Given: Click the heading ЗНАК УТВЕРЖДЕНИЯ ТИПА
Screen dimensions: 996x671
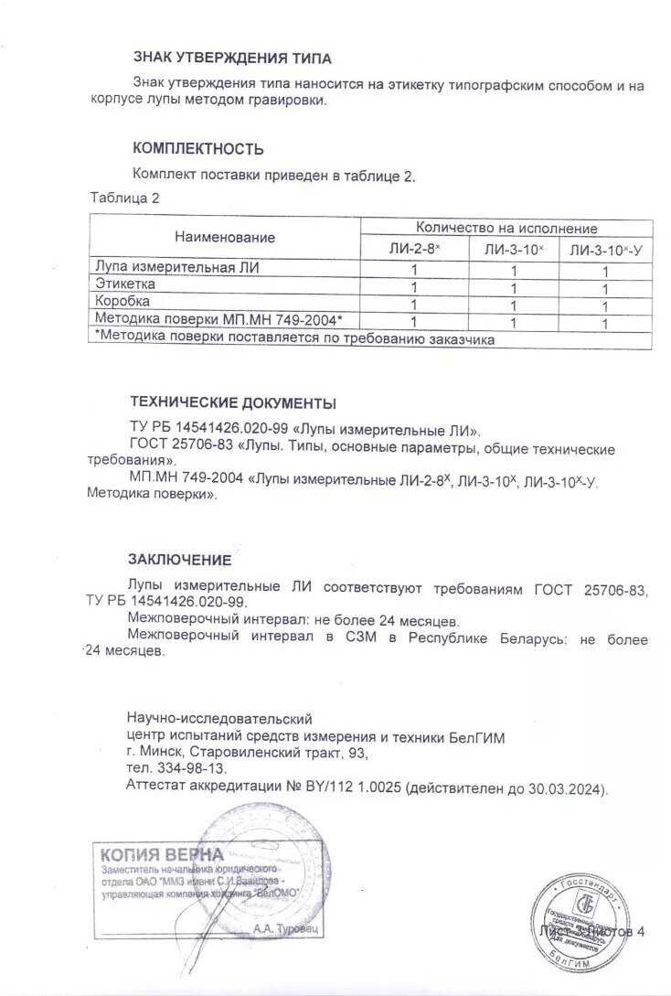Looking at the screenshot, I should [x=232, y=59].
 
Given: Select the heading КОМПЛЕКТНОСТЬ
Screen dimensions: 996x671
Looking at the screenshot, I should [x=198, y=148].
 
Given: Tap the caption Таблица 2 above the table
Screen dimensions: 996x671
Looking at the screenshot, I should [x=125, y=197].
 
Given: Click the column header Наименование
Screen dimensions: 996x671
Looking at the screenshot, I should [x=225, y=237].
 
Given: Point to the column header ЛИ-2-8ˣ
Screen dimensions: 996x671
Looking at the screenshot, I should [x=414, y=249].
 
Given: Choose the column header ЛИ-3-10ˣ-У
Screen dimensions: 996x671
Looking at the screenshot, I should [x=605, y=249].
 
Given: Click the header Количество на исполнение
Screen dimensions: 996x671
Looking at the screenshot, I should [x=506, y=228].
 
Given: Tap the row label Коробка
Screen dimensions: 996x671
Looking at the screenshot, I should [x=122, y=301].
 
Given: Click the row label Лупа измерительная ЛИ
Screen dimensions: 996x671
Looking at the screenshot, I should [x=177, y=268].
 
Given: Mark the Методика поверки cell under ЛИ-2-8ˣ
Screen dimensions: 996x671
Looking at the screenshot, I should [x=414, y=322].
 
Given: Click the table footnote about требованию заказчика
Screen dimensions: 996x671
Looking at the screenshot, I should [x=294, y=338].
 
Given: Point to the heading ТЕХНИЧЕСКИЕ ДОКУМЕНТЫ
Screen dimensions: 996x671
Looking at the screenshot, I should [x=233, y=402].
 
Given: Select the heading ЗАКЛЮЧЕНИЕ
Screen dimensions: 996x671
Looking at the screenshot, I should [x=179, y=560].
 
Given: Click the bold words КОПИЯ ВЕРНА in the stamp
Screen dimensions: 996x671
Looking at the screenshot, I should [x=162, y=854].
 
